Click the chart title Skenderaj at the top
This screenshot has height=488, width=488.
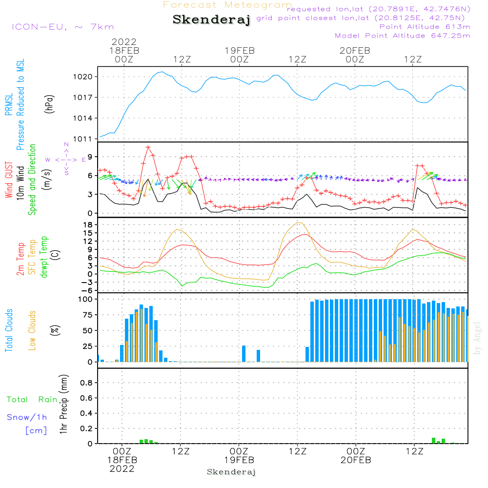[211, 20]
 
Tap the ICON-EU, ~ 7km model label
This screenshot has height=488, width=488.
[62, 27]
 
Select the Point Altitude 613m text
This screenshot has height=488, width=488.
[425, 26]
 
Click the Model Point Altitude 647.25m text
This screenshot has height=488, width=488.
[403, 36]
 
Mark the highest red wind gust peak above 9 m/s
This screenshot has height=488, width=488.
[148, 147]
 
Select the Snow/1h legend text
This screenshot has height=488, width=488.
[27, 417]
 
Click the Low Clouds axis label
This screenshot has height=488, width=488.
[32, 330]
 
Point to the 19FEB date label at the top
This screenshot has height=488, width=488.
[240, 50]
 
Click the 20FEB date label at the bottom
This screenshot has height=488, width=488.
[356, 460]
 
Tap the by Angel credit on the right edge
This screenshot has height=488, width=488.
[478, 338]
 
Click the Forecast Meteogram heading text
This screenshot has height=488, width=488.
[227, 5]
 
